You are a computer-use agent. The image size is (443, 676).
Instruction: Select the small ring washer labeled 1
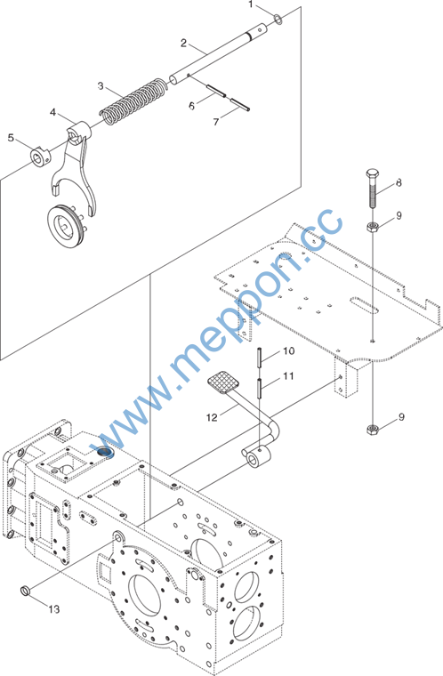[278, 19]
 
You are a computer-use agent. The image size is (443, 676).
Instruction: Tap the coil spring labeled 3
[133, 101]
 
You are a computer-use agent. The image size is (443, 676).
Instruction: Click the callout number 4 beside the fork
[53, 113]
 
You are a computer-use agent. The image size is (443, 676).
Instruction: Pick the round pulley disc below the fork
[65, 226]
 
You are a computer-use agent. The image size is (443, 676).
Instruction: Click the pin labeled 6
[215, 91]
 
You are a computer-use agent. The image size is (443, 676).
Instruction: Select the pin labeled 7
[240, 105]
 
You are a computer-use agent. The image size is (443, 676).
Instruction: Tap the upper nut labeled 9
[373, 226]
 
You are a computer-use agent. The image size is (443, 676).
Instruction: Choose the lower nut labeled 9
[373, 430]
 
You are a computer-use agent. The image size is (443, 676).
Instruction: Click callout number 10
[289, 351]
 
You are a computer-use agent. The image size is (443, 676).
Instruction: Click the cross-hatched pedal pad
[224, 382]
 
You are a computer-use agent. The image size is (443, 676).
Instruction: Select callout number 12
[212, 417]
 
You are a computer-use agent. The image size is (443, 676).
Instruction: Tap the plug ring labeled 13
[26, 590]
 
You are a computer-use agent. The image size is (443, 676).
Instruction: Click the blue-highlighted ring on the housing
[104, 451]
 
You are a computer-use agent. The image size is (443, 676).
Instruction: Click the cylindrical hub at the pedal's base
[257, 457]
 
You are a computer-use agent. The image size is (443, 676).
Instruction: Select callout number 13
[54, 609]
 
